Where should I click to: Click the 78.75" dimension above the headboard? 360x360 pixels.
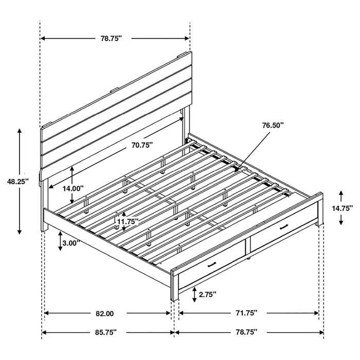114,38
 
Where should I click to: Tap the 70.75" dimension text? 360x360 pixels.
141,146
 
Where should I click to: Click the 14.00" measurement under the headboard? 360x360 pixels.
73,188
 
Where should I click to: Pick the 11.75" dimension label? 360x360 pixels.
128,222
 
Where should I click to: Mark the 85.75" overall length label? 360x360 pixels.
105,332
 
